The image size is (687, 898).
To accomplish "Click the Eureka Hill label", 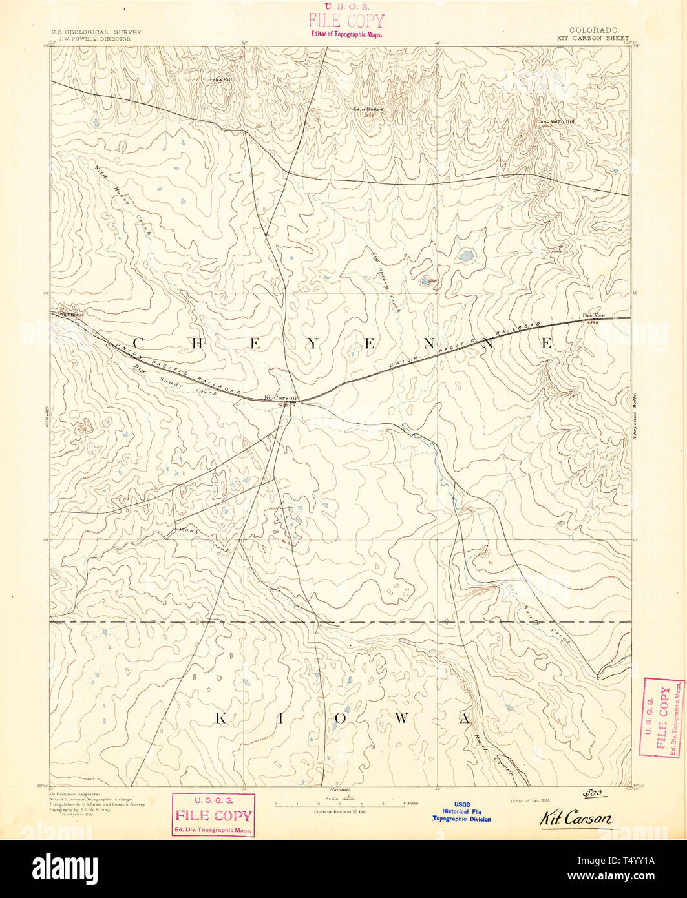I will pyautogui.click(x=217, y=80).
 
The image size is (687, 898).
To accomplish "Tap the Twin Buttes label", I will pyautogui.click(x=367, y=109).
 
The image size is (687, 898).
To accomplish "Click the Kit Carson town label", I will pyautogui.click(x=280, y=398).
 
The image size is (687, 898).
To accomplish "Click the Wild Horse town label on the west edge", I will pyautogui.click(x=69, y=315).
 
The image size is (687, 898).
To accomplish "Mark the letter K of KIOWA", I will pyautogui.click(x=220, y=718).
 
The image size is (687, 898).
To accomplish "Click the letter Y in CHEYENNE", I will pyautogui.click(x=313, y=344).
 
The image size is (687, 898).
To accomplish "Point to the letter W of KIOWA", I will pyautogui.click(x=408, y=718).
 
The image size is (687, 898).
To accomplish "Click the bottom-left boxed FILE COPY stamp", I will pyautogui.click(x=213, y=815).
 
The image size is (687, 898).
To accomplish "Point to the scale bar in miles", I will pyautogui.click(x=340, y=804).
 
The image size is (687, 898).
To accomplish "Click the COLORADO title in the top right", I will pyautogui.click(x=593, y=30).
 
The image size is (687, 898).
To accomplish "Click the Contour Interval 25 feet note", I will pyautogui.click(x=340, y=811).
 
